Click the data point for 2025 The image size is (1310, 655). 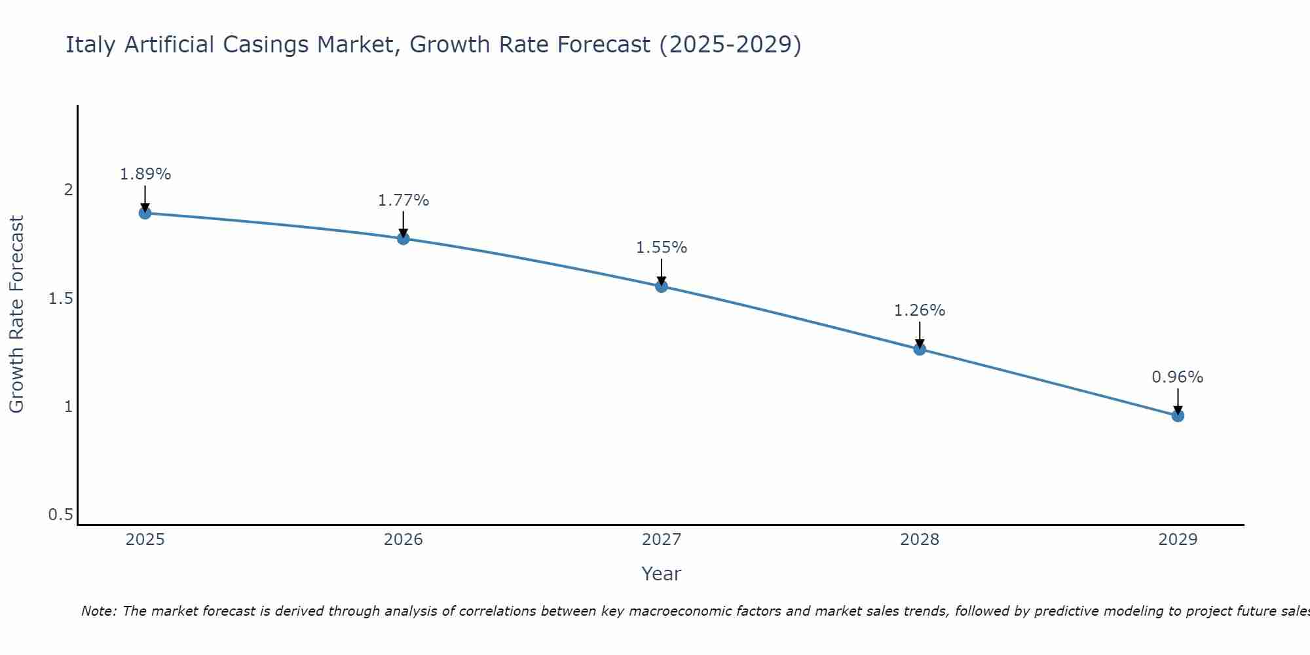[145, 213]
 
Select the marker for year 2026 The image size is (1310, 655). [403, 238]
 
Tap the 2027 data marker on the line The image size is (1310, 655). [662, 286]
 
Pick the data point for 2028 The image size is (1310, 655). [920, 349]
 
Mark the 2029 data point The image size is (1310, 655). [1178, 416]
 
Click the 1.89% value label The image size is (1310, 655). [145, 174]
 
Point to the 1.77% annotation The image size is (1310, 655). [403, 200]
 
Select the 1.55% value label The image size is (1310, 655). [662, 248]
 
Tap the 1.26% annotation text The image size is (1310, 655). [920, 310]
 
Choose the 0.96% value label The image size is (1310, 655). [1178, 377]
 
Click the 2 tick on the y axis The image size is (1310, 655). [68, 190]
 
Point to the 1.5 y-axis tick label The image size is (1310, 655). [61, 299]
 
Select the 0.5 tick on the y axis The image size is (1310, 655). [61, 515]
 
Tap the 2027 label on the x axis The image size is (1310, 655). [662, 540]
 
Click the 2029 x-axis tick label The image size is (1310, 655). [1178, 540]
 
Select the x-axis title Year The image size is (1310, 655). [662, 574]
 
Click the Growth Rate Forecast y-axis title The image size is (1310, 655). [16, 314]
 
